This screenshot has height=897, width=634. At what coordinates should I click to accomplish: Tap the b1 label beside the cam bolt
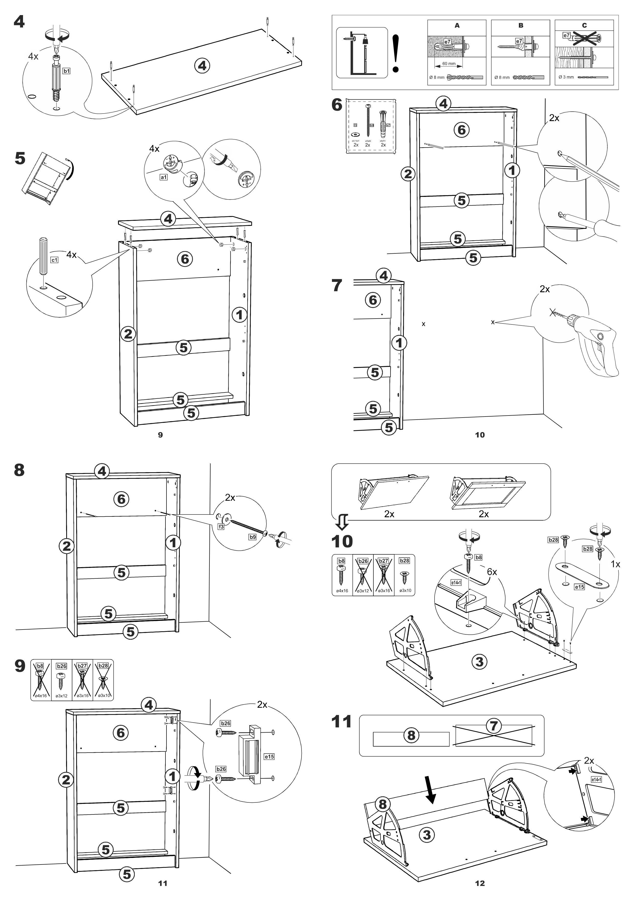tap(66, 71)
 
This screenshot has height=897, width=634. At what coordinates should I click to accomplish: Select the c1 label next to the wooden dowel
tap(54, 260)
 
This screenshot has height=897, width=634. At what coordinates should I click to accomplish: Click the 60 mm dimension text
tap(449, 64)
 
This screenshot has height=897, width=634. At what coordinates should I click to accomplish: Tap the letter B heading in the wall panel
tap(521, 25)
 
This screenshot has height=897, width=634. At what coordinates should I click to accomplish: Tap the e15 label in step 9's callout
tap(269, 756)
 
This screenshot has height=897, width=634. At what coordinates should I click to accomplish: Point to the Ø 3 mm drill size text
tap(566, 77)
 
